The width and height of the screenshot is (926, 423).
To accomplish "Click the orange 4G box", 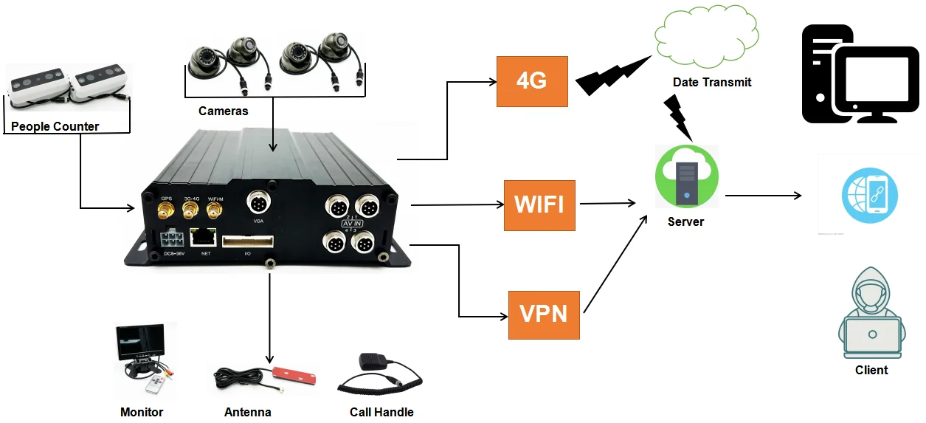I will pyautogui.click(x=532, y=80).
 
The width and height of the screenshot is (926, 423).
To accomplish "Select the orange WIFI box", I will pyautogui.click(x=539, y=204).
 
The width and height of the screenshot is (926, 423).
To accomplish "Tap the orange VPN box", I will pyautogui.click(x=544, y=314).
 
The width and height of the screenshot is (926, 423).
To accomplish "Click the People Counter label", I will pyautogui.click(x=55, y=126).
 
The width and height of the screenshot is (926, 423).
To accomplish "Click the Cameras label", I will pyautogui.click(x=223, y=111).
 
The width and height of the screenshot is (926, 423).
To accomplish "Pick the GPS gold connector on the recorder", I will pyautogui.click(x=166, y=213).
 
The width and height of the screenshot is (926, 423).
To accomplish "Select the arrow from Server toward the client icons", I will pyautogui.click(x=764, y=196).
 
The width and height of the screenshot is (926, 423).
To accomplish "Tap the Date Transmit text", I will pyautogui.click(x=711, y=82).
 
